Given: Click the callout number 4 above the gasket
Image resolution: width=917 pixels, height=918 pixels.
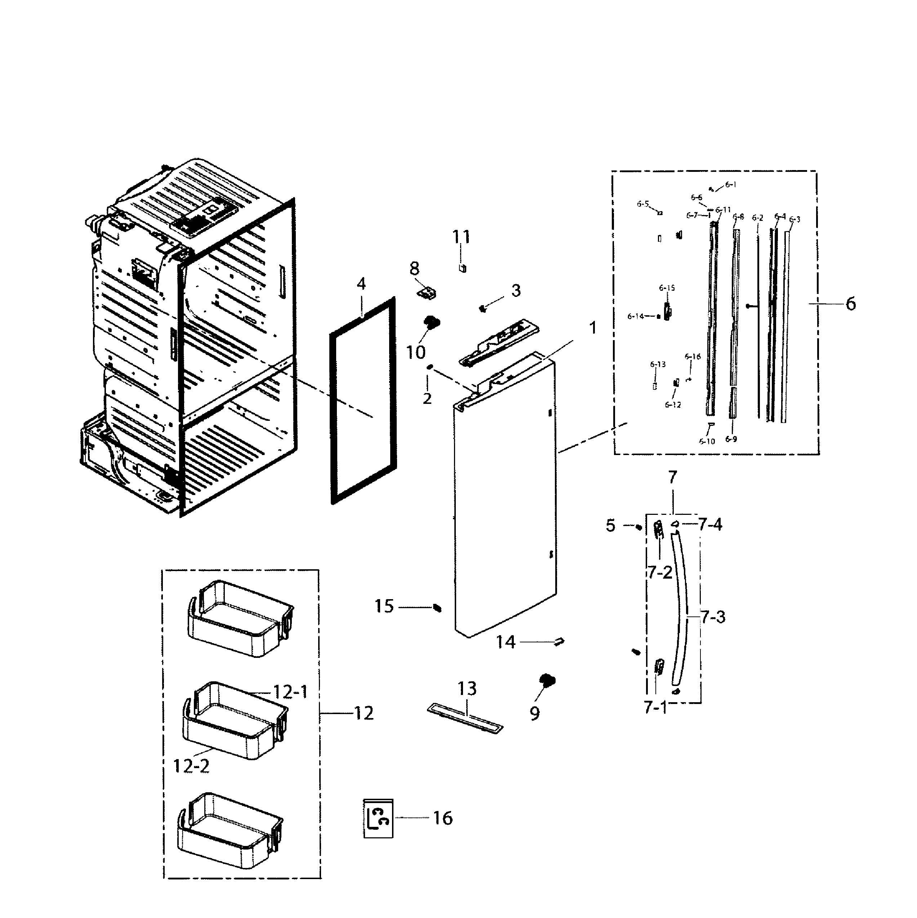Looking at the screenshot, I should (361, 284).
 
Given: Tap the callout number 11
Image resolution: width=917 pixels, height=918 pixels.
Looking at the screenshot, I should (461, 237).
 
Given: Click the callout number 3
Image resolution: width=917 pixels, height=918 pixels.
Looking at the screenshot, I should (516, 290).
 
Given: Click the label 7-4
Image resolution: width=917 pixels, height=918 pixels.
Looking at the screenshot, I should (710, 525).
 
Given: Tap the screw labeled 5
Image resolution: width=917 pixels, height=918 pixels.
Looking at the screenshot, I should (638, 526).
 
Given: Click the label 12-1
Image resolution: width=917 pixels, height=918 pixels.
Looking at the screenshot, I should (290, 692).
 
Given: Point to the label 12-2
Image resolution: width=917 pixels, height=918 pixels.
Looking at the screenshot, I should (191, 766).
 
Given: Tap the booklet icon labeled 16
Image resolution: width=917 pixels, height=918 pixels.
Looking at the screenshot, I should (378, 818).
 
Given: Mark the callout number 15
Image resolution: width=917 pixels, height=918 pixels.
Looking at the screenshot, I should (384, 606).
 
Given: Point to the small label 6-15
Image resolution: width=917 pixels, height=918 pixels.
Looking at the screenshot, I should (667, 288).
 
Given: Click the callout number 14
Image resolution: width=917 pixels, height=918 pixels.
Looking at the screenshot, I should (506, 642).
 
